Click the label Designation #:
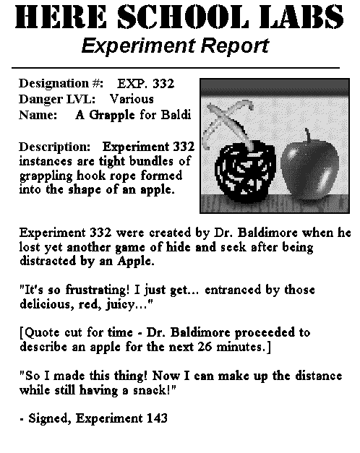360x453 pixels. pos(61,83)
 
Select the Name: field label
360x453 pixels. pos(38,114)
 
